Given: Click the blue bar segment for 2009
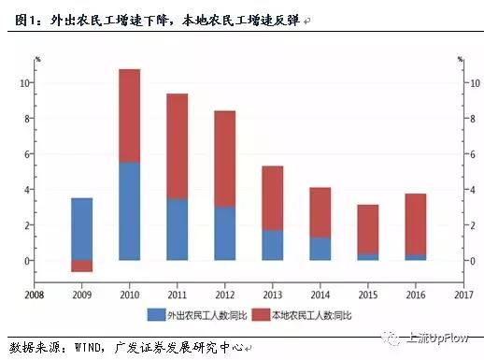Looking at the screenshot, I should [x=82, y=229].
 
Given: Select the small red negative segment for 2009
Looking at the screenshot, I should [x=82, y=266].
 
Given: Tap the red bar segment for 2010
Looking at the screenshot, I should [x=129, y=116].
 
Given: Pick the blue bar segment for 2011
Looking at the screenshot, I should [x=177, y=229].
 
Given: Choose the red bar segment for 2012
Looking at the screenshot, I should [x=224, y=159].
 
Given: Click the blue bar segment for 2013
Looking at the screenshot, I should [x=272, y=245].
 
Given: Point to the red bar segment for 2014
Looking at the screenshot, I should [x=320, y=212].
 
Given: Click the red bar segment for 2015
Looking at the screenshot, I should [x=367, y=229].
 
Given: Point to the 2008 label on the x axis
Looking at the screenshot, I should [x=35, y=294].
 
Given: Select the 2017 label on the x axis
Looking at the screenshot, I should [x=463, y=294].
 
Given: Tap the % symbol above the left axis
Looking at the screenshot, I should [x=37, y=60].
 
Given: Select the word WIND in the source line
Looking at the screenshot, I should [x=90, y=347].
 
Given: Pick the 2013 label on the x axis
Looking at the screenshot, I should [x=272, y=294].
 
